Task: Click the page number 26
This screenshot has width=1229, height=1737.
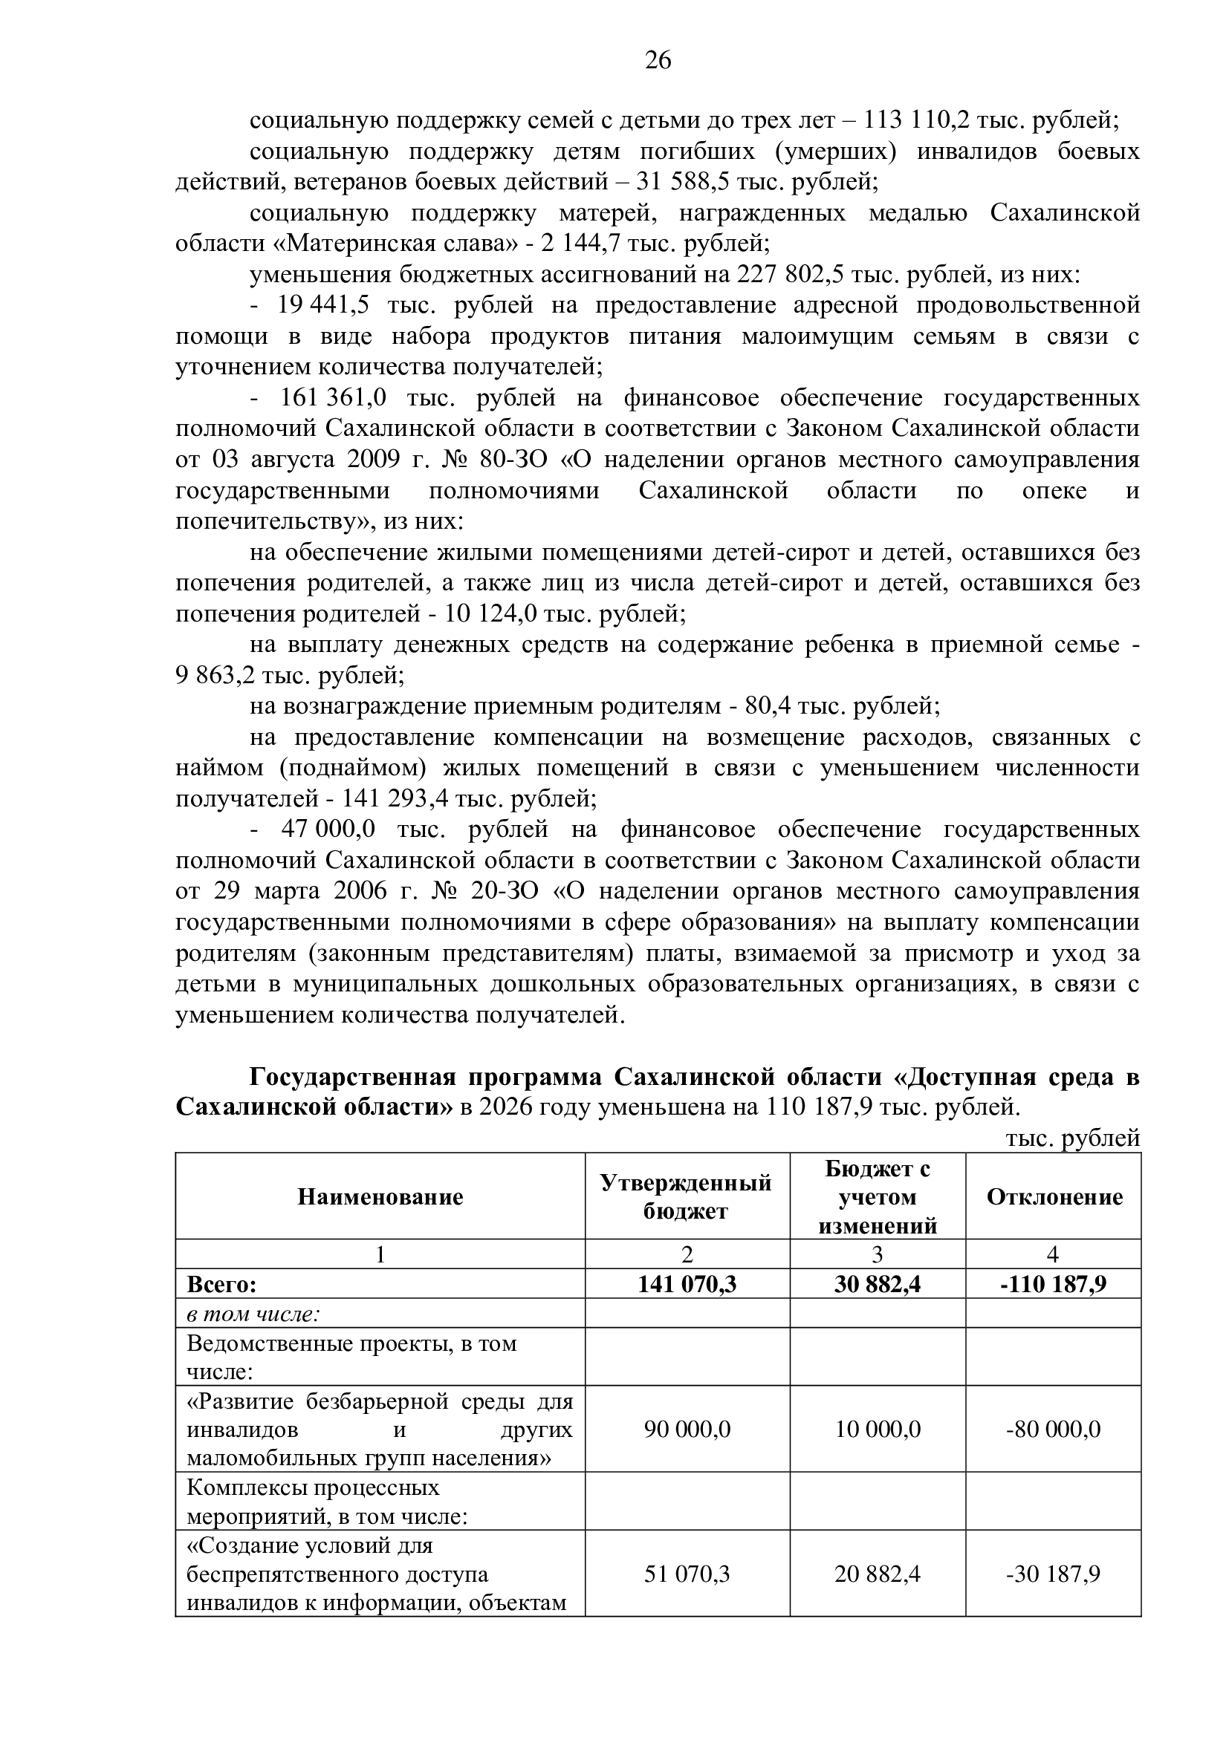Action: tap(658, 59)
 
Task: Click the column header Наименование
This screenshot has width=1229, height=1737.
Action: tap(380, 1197)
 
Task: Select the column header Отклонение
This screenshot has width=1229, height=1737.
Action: tap(1054, 1197)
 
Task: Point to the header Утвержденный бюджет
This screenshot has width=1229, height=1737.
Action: tap(687, 1197)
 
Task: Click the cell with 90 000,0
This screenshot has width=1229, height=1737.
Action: tap(687, 1429)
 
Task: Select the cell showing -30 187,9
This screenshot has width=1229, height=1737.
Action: tap(1053, 1574)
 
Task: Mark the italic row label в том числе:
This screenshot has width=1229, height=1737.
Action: tap(253, 1314)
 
